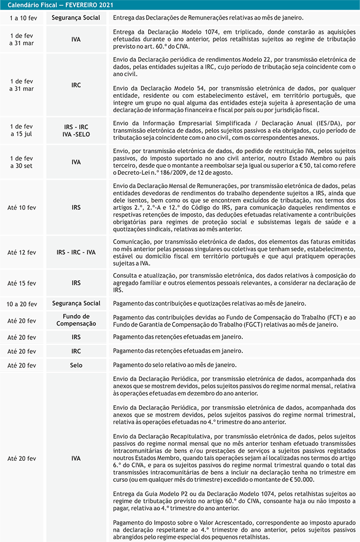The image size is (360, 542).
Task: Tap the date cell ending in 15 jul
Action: pos(22,131)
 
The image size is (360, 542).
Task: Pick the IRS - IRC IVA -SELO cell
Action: pos(76,131)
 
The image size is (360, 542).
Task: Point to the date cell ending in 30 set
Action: pos(22,162)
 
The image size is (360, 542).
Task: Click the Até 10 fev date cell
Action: pos(22,207)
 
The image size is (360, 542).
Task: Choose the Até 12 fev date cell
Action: pos(22,252)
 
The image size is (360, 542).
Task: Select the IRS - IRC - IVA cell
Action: pos(76,252)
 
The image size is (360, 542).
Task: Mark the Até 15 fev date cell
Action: pos(22,283)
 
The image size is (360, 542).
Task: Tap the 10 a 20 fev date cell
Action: pos(22,304)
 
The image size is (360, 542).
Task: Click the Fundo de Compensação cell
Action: pos(76,320)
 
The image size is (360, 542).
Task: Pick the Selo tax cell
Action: pos(76,365)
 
